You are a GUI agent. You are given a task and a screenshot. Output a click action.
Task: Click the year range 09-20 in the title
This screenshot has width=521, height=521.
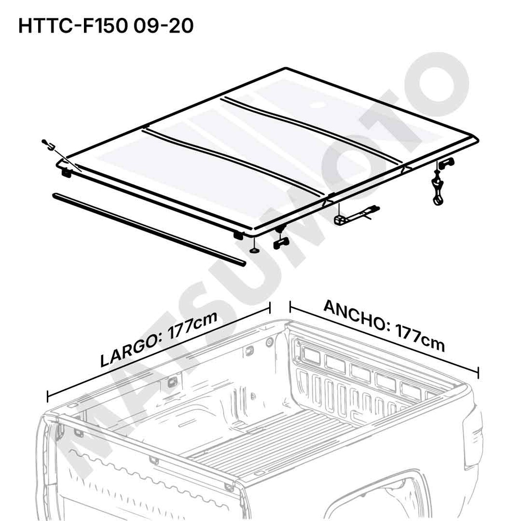coord(164,26)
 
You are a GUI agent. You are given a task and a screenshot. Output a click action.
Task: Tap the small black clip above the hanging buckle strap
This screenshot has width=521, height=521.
coord(446,163)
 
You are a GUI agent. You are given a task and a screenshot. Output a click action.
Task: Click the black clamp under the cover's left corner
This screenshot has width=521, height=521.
coord(66,173)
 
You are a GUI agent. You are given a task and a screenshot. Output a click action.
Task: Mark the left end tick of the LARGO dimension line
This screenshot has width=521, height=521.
coord(48,396)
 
